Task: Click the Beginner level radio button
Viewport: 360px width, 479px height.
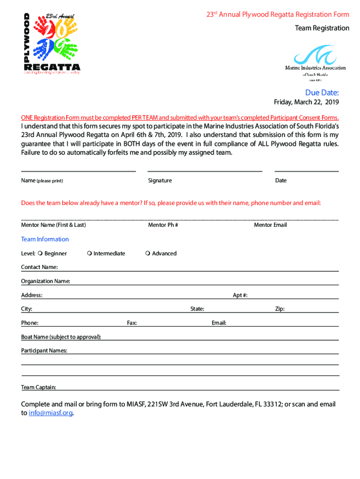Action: tap(40, 254)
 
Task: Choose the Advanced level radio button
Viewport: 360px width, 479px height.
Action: tap(147, 254)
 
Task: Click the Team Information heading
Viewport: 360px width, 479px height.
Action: tap(45, 239)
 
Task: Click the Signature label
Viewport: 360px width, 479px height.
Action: tap(160, 181)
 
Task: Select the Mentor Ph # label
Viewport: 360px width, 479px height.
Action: tap(163, 225)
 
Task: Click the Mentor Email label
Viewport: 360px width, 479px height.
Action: tap(270, 225)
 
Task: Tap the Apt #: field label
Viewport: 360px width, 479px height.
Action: tap(240, 295)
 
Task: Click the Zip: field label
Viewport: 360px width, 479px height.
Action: tap(280, 309)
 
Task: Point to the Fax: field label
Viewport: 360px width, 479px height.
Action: tap(132, 323)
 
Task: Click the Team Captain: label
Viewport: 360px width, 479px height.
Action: tap(39, 387)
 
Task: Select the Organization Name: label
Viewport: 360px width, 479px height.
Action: tap(45, 281)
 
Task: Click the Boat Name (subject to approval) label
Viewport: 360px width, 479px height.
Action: tap(61, 337)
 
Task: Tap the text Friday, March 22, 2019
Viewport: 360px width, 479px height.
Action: tap(306, 102)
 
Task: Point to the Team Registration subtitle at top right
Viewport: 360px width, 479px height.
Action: tap(322, 28)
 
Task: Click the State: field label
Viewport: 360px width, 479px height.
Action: tap(197, 309)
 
